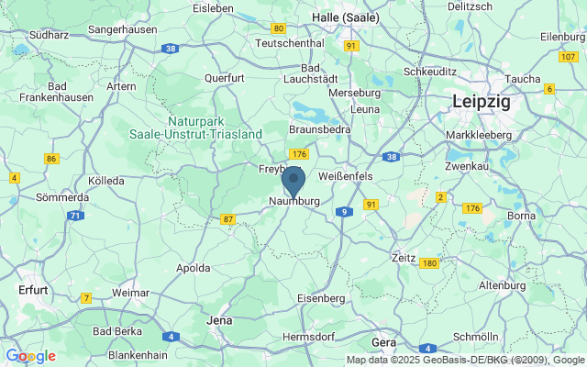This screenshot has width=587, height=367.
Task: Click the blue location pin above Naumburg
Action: point(293,181)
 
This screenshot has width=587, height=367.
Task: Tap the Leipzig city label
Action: point(481,103)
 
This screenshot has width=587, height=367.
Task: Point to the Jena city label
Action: point(220,320)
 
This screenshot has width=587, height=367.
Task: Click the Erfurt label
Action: point(32,289)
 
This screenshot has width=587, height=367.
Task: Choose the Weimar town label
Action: point(130,292)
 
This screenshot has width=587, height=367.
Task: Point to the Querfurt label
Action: point(225,79)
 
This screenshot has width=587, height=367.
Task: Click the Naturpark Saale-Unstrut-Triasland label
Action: point(214,128)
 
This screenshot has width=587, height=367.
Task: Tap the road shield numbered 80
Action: point(279,29)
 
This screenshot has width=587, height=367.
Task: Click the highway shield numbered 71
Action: point(75,216)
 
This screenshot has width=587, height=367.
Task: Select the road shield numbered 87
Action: point(228,219)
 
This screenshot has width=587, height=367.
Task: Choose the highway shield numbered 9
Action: point(343,212)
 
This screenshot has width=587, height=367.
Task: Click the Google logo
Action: point(30,356)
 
